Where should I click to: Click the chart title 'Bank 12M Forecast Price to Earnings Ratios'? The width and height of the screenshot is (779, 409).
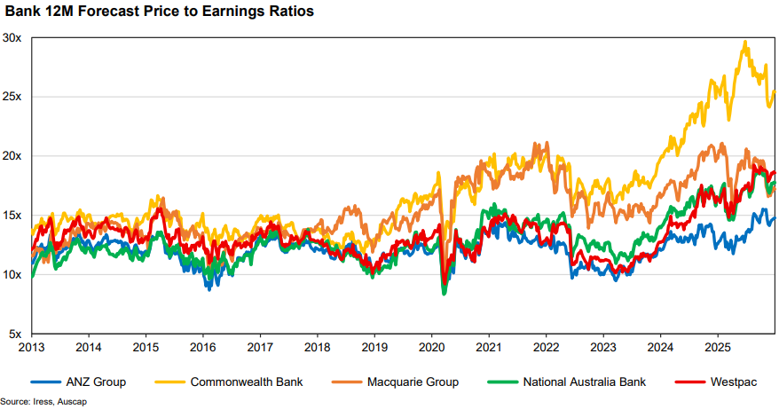point(160,13)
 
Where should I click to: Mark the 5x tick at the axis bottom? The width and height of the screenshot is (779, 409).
point(16,334)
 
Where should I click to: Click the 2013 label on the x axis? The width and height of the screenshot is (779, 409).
point(32,348)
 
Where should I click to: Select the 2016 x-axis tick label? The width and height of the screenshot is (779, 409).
point(203,348)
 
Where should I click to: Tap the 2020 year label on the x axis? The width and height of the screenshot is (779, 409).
point(432,348)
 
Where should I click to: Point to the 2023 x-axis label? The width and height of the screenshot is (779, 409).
point(603,348)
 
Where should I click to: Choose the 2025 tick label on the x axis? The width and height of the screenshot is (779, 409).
point(718,348)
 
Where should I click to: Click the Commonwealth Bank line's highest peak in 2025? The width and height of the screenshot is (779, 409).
point(744,42)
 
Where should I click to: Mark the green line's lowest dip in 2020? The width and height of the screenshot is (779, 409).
point(444,294)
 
